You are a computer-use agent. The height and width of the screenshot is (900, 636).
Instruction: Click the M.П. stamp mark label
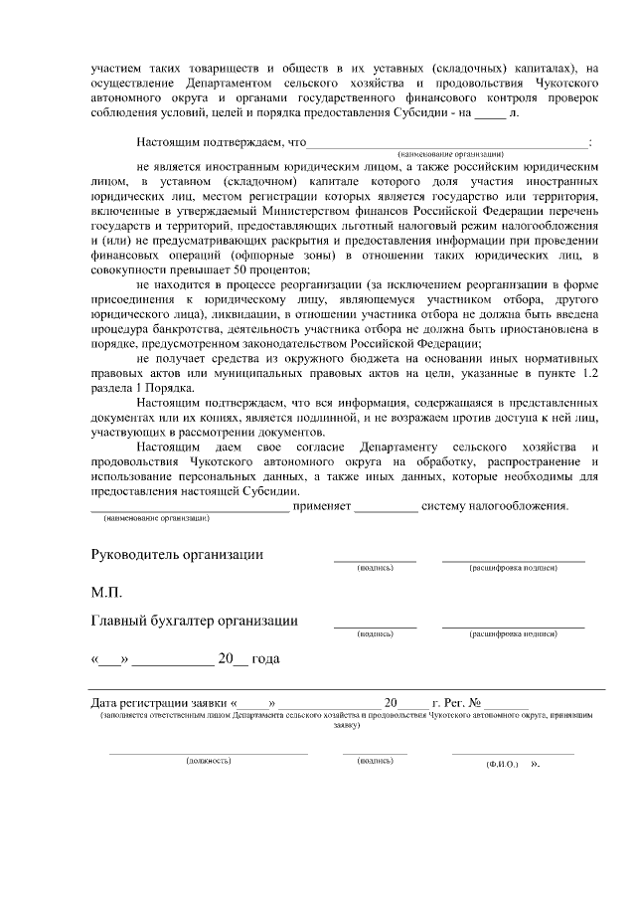coord(106,593)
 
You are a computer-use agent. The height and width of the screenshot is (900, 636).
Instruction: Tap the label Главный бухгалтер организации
coord(195,622)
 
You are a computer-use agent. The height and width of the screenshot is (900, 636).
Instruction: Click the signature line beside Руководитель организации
coord(375,560)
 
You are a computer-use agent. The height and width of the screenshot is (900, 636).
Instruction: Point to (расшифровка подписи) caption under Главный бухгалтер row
coord(513,632)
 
